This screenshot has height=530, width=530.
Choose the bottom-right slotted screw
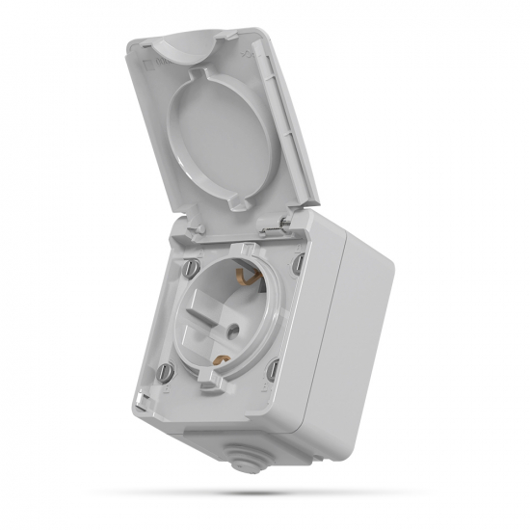click(x=274, y=366)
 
